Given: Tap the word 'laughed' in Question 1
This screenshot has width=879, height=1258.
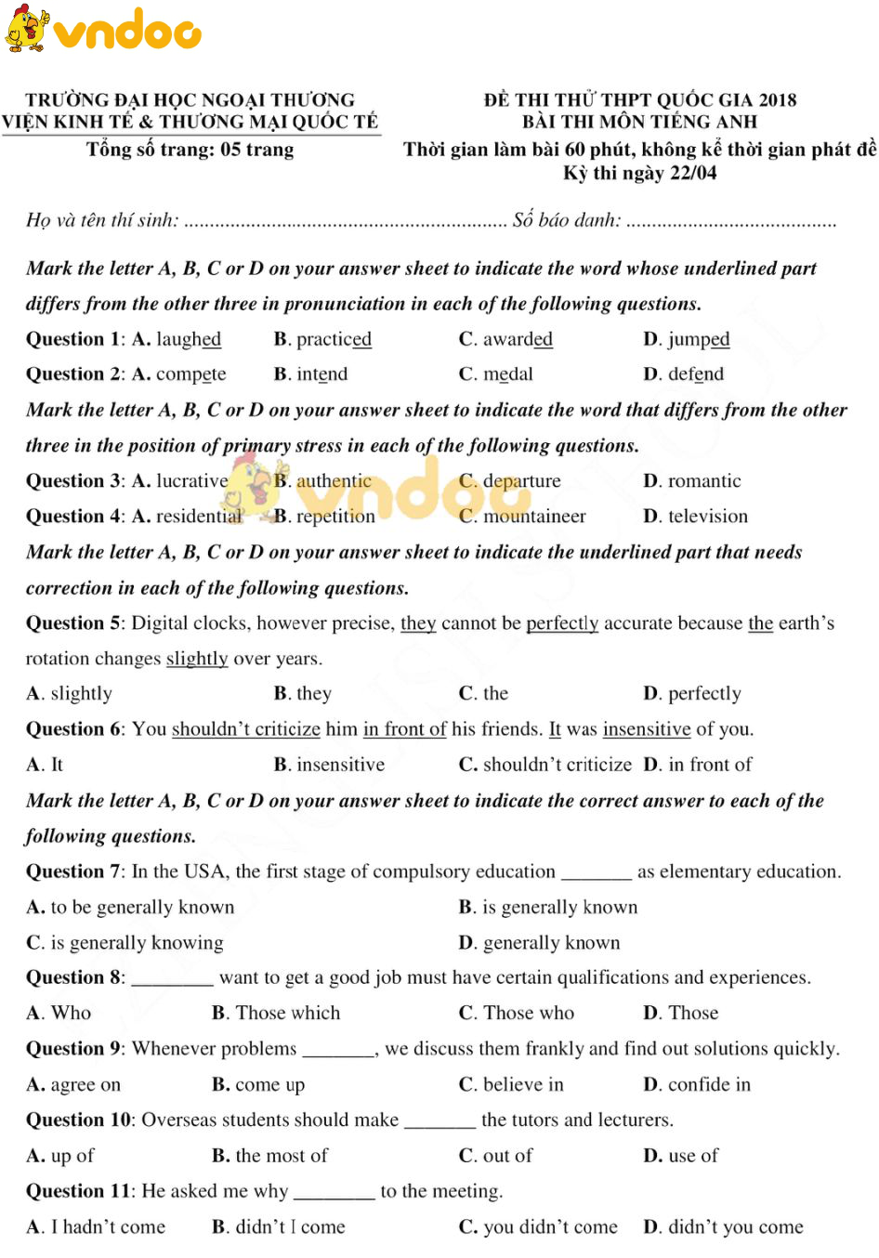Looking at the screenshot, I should click(x=189, y=339).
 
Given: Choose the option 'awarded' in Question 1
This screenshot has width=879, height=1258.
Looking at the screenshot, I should click(x=518, y=339).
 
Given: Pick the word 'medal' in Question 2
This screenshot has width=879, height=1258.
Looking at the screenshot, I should click(x=508, y=374).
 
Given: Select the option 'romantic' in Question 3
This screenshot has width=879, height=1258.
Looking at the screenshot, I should click(x=704, y=481).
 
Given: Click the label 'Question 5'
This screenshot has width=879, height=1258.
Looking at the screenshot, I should click(x=73, y=623).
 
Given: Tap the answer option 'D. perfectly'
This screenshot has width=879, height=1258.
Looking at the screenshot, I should click(x=692, y=694).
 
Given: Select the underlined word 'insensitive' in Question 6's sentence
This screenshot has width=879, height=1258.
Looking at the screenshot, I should click(x=647, y=729).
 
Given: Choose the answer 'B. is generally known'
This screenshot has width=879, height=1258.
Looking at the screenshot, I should click(x=548, y=908).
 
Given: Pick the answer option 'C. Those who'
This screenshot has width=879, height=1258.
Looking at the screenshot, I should click(x=517, y=1014).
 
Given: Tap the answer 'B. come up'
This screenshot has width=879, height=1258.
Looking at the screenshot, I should click(x=258, y=1085).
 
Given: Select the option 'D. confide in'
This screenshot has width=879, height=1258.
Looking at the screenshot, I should click(x=697, y=1085).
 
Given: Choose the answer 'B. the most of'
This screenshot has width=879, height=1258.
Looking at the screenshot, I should click(x=269, y=1156).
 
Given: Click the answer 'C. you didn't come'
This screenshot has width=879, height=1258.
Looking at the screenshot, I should click(x=538, y=1227).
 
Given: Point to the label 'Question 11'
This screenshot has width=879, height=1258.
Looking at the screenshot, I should click(x=78, y=1191).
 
